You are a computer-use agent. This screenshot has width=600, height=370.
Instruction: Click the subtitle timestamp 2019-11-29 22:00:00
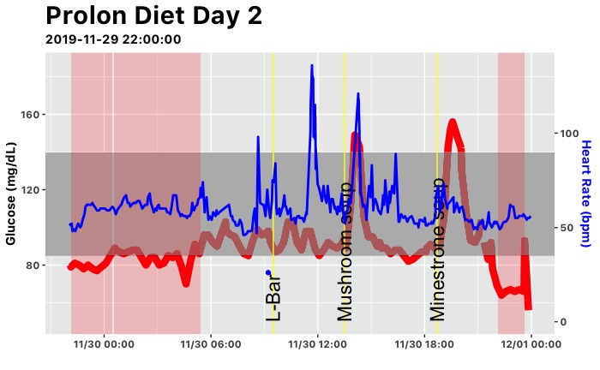(x=112, y=39)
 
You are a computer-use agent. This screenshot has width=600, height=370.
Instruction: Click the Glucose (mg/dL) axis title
(x=12, y=194)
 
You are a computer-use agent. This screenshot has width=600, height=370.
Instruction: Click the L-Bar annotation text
(x=273, y=295)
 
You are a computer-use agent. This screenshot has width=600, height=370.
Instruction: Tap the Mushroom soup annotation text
(x=345, y=251)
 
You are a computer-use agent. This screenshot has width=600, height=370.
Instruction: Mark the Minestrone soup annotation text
(x=438, y=249)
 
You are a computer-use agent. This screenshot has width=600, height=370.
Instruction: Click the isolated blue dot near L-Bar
(x=268, y=272)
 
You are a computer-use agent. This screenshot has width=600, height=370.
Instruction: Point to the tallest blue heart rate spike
(x=312, y=66)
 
